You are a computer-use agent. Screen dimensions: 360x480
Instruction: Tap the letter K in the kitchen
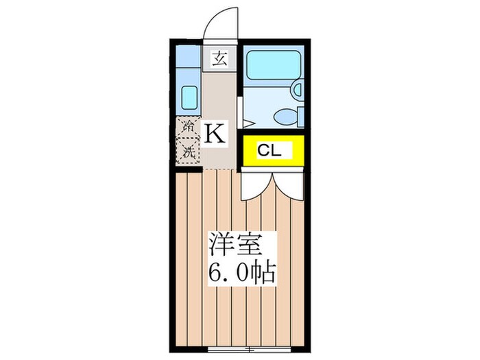(x=215, y=132)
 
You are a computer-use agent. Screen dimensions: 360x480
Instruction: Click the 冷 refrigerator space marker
(x=187, y=127)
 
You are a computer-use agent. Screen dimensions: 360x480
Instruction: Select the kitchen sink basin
(x=189, y=99)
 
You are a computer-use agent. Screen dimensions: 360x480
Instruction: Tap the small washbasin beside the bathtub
(x=296, y=88)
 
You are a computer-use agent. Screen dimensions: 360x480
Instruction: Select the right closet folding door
(x=288, y=184)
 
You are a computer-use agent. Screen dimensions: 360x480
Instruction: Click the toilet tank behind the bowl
(x=300, y=117)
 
